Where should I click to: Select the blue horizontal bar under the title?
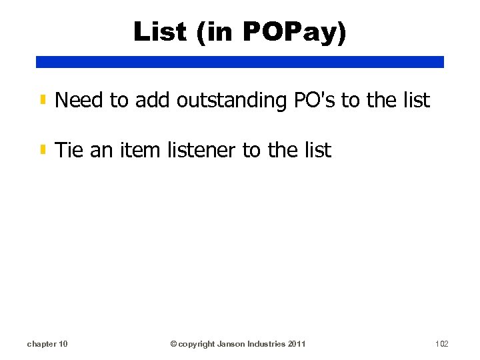pyautogui.click(x=240, y=62)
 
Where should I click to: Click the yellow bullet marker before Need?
pyautogui.click(x=43, y=101)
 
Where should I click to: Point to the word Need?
pyautogui.click(x=79, y=101)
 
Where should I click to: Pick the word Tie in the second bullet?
pyautogui.click(x=69, y=151)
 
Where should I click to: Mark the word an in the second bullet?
pyautogui.click(x=101, y=151)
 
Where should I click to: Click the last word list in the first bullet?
pyautogui.click(x=417, y=101)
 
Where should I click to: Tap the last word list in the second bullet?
pyautogui.click(x=318, y=151)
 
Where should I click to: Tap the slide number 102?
pyautogui.click(x=441, y=344)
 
